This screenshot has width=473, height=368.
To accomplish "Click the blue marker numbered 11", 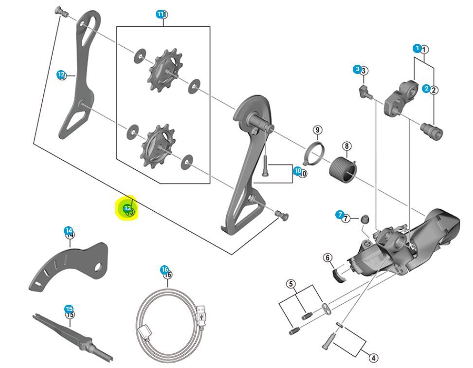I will pos(160,15).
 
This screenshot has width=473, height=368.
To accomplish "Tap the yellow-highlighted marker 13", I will pos(127,209).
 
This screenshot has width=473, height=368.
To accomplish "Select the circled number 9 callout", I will pos(317,130).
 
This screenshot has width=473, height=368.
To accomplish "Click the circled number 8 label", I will pos(346,146).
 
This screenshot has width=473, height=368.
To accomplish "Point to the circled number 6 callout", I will pos(327,258).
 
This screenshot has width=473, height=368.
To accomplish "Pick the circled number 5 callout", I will pos(291,284).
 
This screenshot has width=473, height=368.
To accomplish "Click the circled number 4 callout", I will pos(373,358).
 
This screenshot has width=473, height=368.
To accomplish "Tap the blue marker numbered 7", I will pos(340,215).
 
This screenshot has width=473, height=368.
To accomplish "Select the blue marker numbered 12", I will pos(61,75).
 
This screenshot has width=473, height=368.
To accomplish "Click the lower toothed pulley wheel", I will pos(156,145).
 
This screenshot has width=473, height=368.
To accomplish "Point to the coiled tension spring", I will pos(344,167).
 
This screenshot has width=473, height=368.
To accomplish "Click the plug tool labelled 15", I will pos(73,333).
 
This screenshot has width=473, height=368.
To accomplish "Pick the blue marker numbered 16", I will pos(164,270).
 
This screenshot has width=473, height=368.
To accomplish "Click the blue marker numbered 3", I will pos(357,70).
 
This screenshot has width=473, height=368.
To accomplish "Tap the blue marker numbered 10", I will pos(297,171).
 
